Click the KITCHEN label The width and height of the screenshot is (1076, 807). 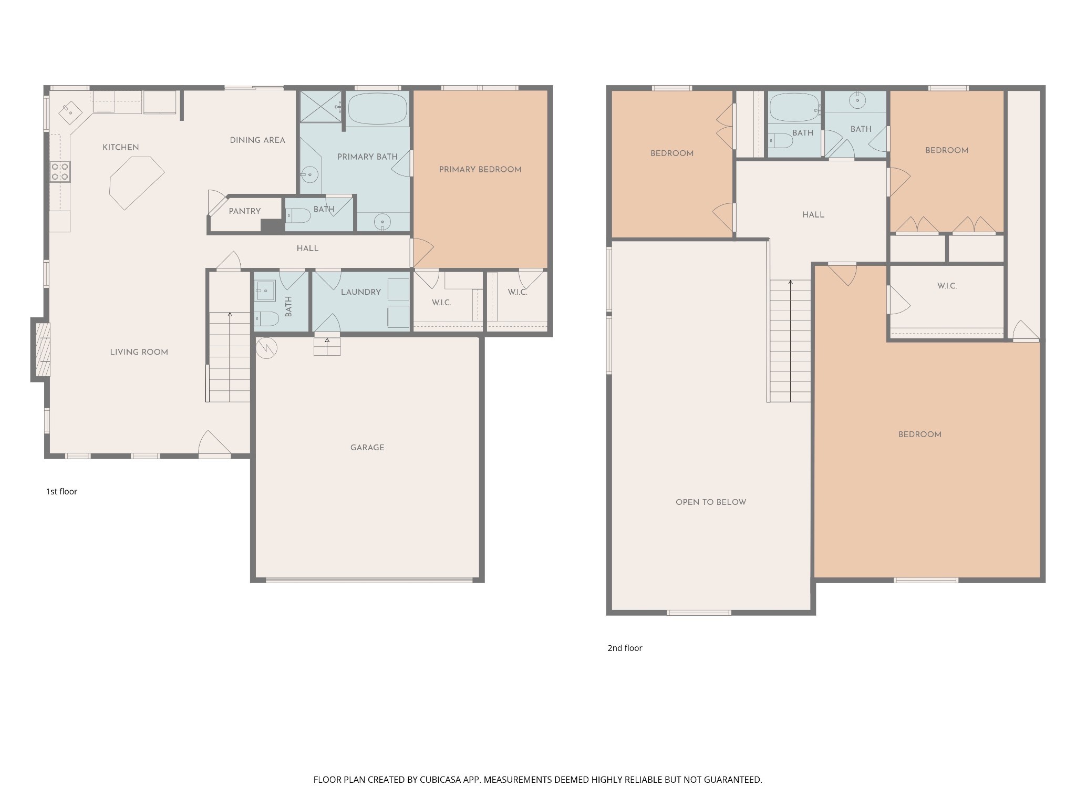coord(120,148)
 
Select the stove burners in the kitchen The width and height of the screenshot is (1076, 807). coord(60,172)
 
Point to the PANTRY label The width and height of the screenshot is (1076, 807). coord(245,211)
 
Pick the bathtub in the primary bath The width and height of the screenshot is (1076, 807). coord(378,109)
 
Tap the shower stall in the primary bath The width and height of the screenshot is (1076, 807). coord(320,107)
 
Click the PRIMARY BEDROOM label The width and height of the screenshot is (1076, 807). coord(480,170)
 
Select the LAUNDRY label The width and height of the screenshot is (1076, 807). coord(361,292)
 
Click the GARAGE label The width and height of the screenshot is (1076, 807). coord(367,448)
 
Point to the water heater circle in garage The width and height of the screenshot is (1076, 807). coord(266,348)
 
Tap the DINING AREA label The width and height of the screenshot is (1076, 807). coord(257,140)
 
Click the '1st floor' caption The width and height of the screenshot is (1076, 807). coord(61,491)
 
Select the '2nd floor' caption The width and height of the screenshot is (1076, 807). coord(625,648)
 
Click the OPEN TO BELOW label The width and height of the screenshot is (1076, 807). coord(711,502)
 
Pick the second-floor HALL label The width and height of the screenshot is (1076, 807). coord(813,215)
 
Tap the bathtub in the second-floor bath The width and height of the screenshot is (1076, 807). coord(794,108)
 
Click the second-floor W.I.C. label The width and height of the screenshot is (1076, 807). coord(947,286)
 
